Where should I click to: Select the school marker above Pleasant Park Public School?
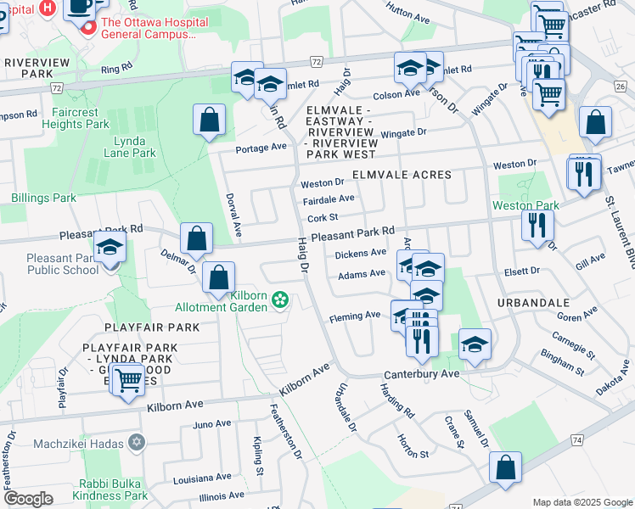(110, 246)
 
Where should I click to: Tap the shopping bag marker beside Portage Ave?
(209, 120)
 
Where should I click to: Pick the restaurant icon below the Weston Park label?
(537, 225)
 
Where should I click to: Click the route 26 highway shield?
(620, 86)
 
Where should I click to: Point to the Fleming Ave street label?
(355, 316)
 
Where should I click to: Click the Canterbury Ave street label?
(421, 374)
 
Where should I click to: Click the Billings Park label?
(43, 198)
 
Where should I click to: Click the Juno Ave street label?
(212, 424)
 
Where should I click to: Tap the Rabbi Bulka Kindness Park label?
(110, 489)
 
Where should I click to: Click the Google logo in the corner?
(28, 499)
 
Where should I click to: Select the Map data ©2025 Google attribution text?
(582, 502)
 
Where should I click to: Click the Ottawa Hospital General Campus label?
(149, 29)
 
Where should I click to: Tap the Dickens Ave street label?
(361, 253)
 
